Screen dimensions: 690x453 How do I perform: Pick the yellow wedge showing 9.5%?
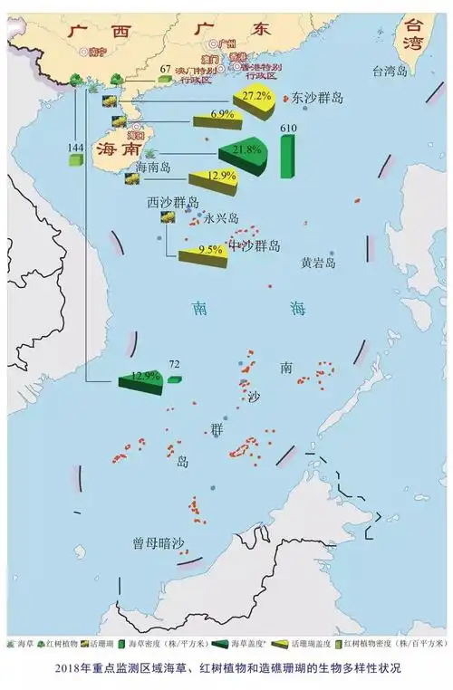click(x=205, y=254)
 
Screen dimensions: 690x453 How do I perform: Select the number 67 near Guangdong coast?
click(x=164, y=69)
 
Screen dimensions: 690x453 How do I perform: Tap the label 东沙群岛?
click(x=321, y=99)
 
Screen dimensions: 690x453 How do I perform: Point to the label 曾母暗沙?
click(x=159, y=544)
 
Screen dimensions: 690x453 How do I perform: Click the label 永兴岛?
click(x=220, y=218)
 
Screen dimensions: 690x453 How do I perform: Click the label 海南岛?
click(x=153, y=167)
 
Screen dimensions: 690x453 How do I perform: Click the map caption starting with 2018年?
click(x=226, y=667)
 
